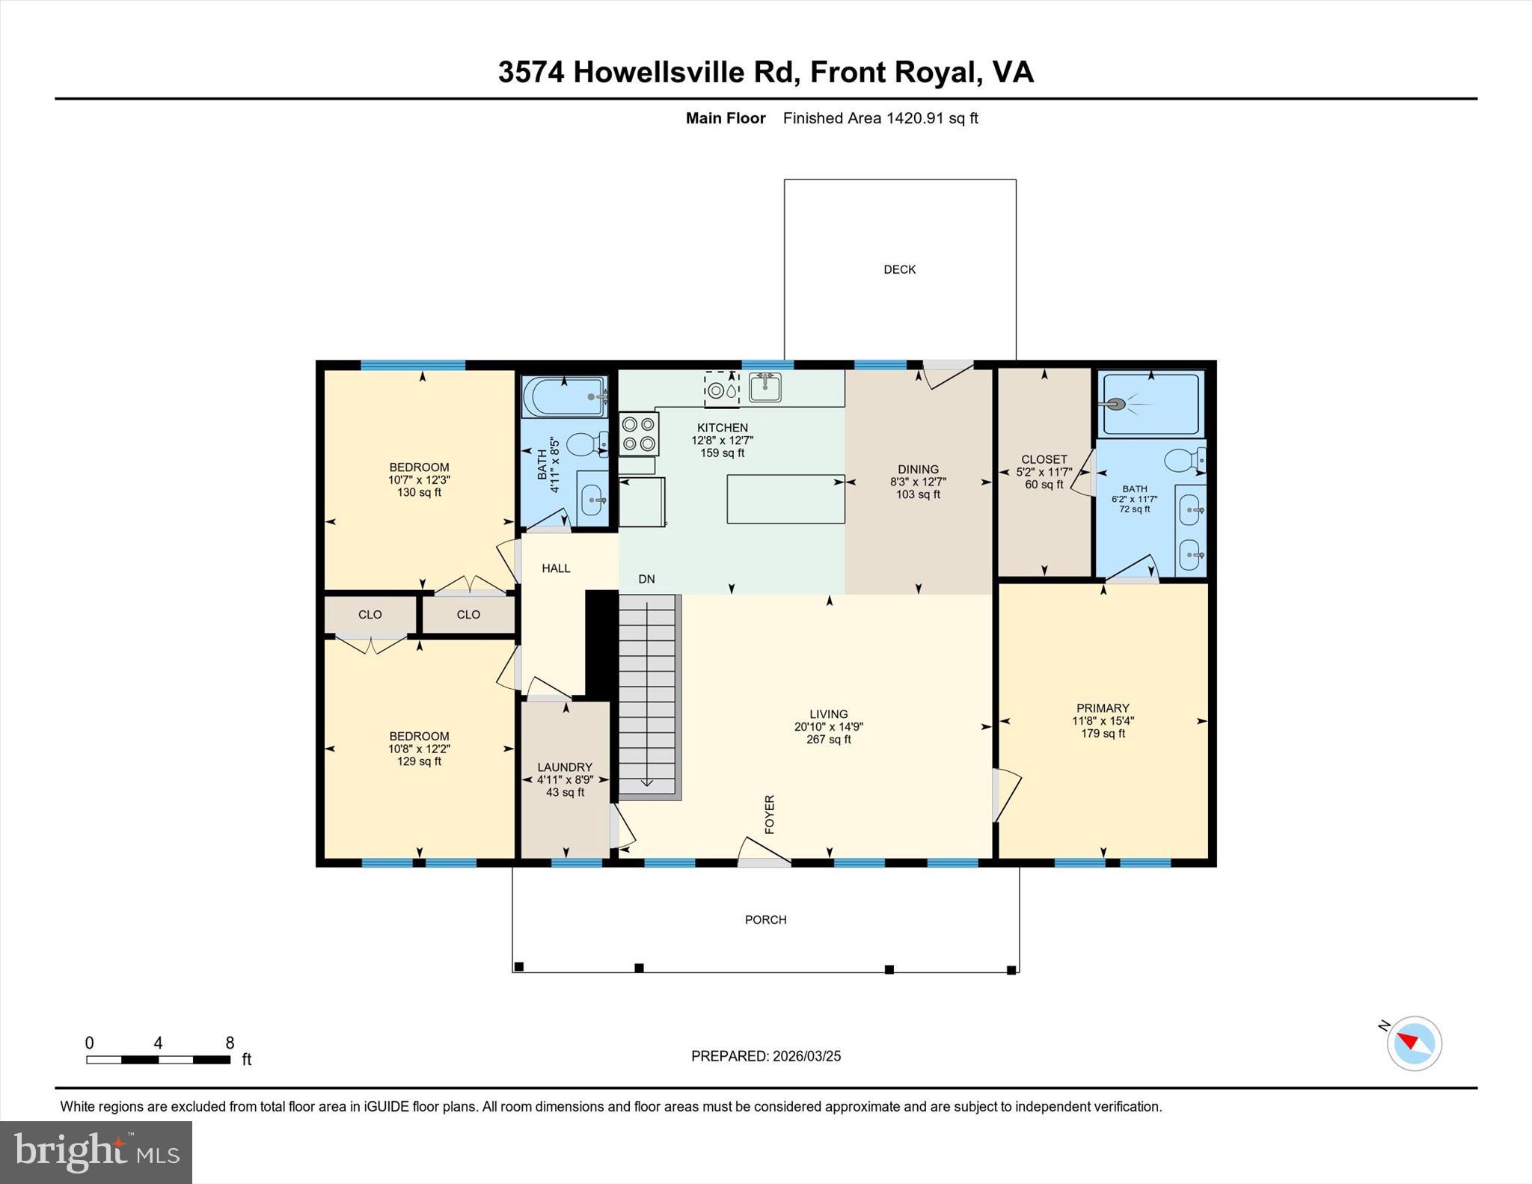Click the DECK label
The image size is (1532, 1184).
[x=899, y=269]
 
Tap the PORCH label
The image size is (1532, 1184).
[x=765, y=919]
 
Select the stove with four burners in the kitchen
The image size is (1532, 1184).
[x=639, y=434]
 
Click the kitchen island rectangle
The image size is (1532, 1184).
[x=785, y=499]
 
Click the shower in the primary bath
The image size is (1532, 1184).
[x=1150, y=404]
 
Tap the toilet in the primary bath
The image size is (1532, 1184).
[x=1186, y=459]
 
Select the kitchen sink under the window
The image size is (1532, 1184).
[x=765, y=387]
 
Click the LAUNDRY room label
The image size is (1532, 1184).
[x=565, y=767]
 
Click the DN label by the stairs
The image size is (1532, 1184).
[x=646, y=579]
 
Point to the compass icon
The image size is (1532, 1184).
[x=1413, y=1043]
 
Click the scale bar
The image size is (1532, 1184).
[x=158, y=1059]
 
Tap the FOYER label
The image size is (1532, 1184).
[x=770, y=814]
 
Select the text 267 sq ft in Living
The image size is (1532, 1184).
[x=829, y=740]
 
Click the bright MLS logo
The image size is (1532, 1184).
[x=96, y=1152]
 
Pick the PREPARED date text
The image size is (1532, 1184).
[x=765, y=1056]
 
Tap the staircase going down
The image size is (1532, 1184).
[x=648, y=696]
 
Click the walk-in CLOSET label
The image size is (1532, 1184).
[x=1044, y=459]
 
